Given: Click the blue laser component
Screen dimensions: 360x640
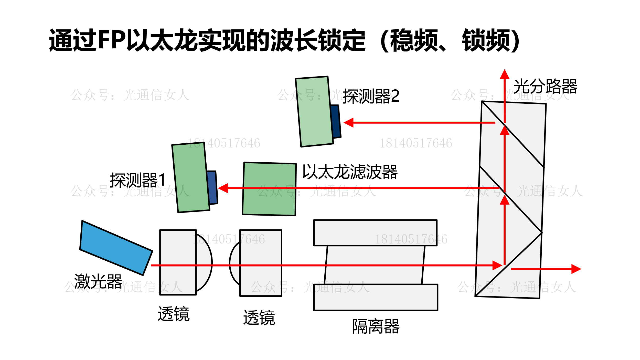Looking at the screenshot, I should (116, 248).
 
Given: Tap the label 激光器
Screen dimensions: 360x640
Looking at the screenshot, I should (98, 281).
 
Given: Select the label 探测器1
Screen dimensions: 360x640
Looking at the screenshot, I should (138, 180).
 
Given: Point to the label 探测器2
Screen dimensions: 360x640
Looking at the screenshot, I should (371, 96).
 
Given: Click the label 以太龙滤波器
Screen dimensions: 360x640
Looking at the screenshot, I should (350, 172).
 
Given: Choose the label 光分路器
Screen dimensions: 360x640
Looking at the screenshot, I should (545, 86).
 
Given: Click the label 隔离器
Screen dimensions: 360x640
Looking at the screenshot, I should (376, 326).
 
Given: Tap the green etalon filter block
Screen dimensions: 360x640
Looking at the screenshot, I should (269, 189).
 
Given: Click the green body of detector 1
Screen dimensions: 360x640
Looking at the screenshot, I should (191, 177).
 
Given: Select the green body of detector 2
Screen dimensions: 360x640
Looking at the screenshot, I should (314, 112).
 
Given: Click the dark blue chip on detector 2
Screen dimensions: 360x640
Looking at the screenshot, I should (336, 121).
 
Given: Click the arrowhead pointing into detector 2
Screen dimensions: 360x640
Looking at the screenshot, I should (348, 123).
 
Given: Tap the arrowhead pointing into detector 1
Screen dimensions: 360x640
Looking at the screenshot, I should (223, 188).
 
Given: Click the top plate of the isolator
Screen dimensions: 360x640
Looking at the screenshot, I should (375, 232).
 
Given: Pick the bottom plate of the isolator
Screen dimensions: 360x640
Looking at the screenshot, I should (376, 297).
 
